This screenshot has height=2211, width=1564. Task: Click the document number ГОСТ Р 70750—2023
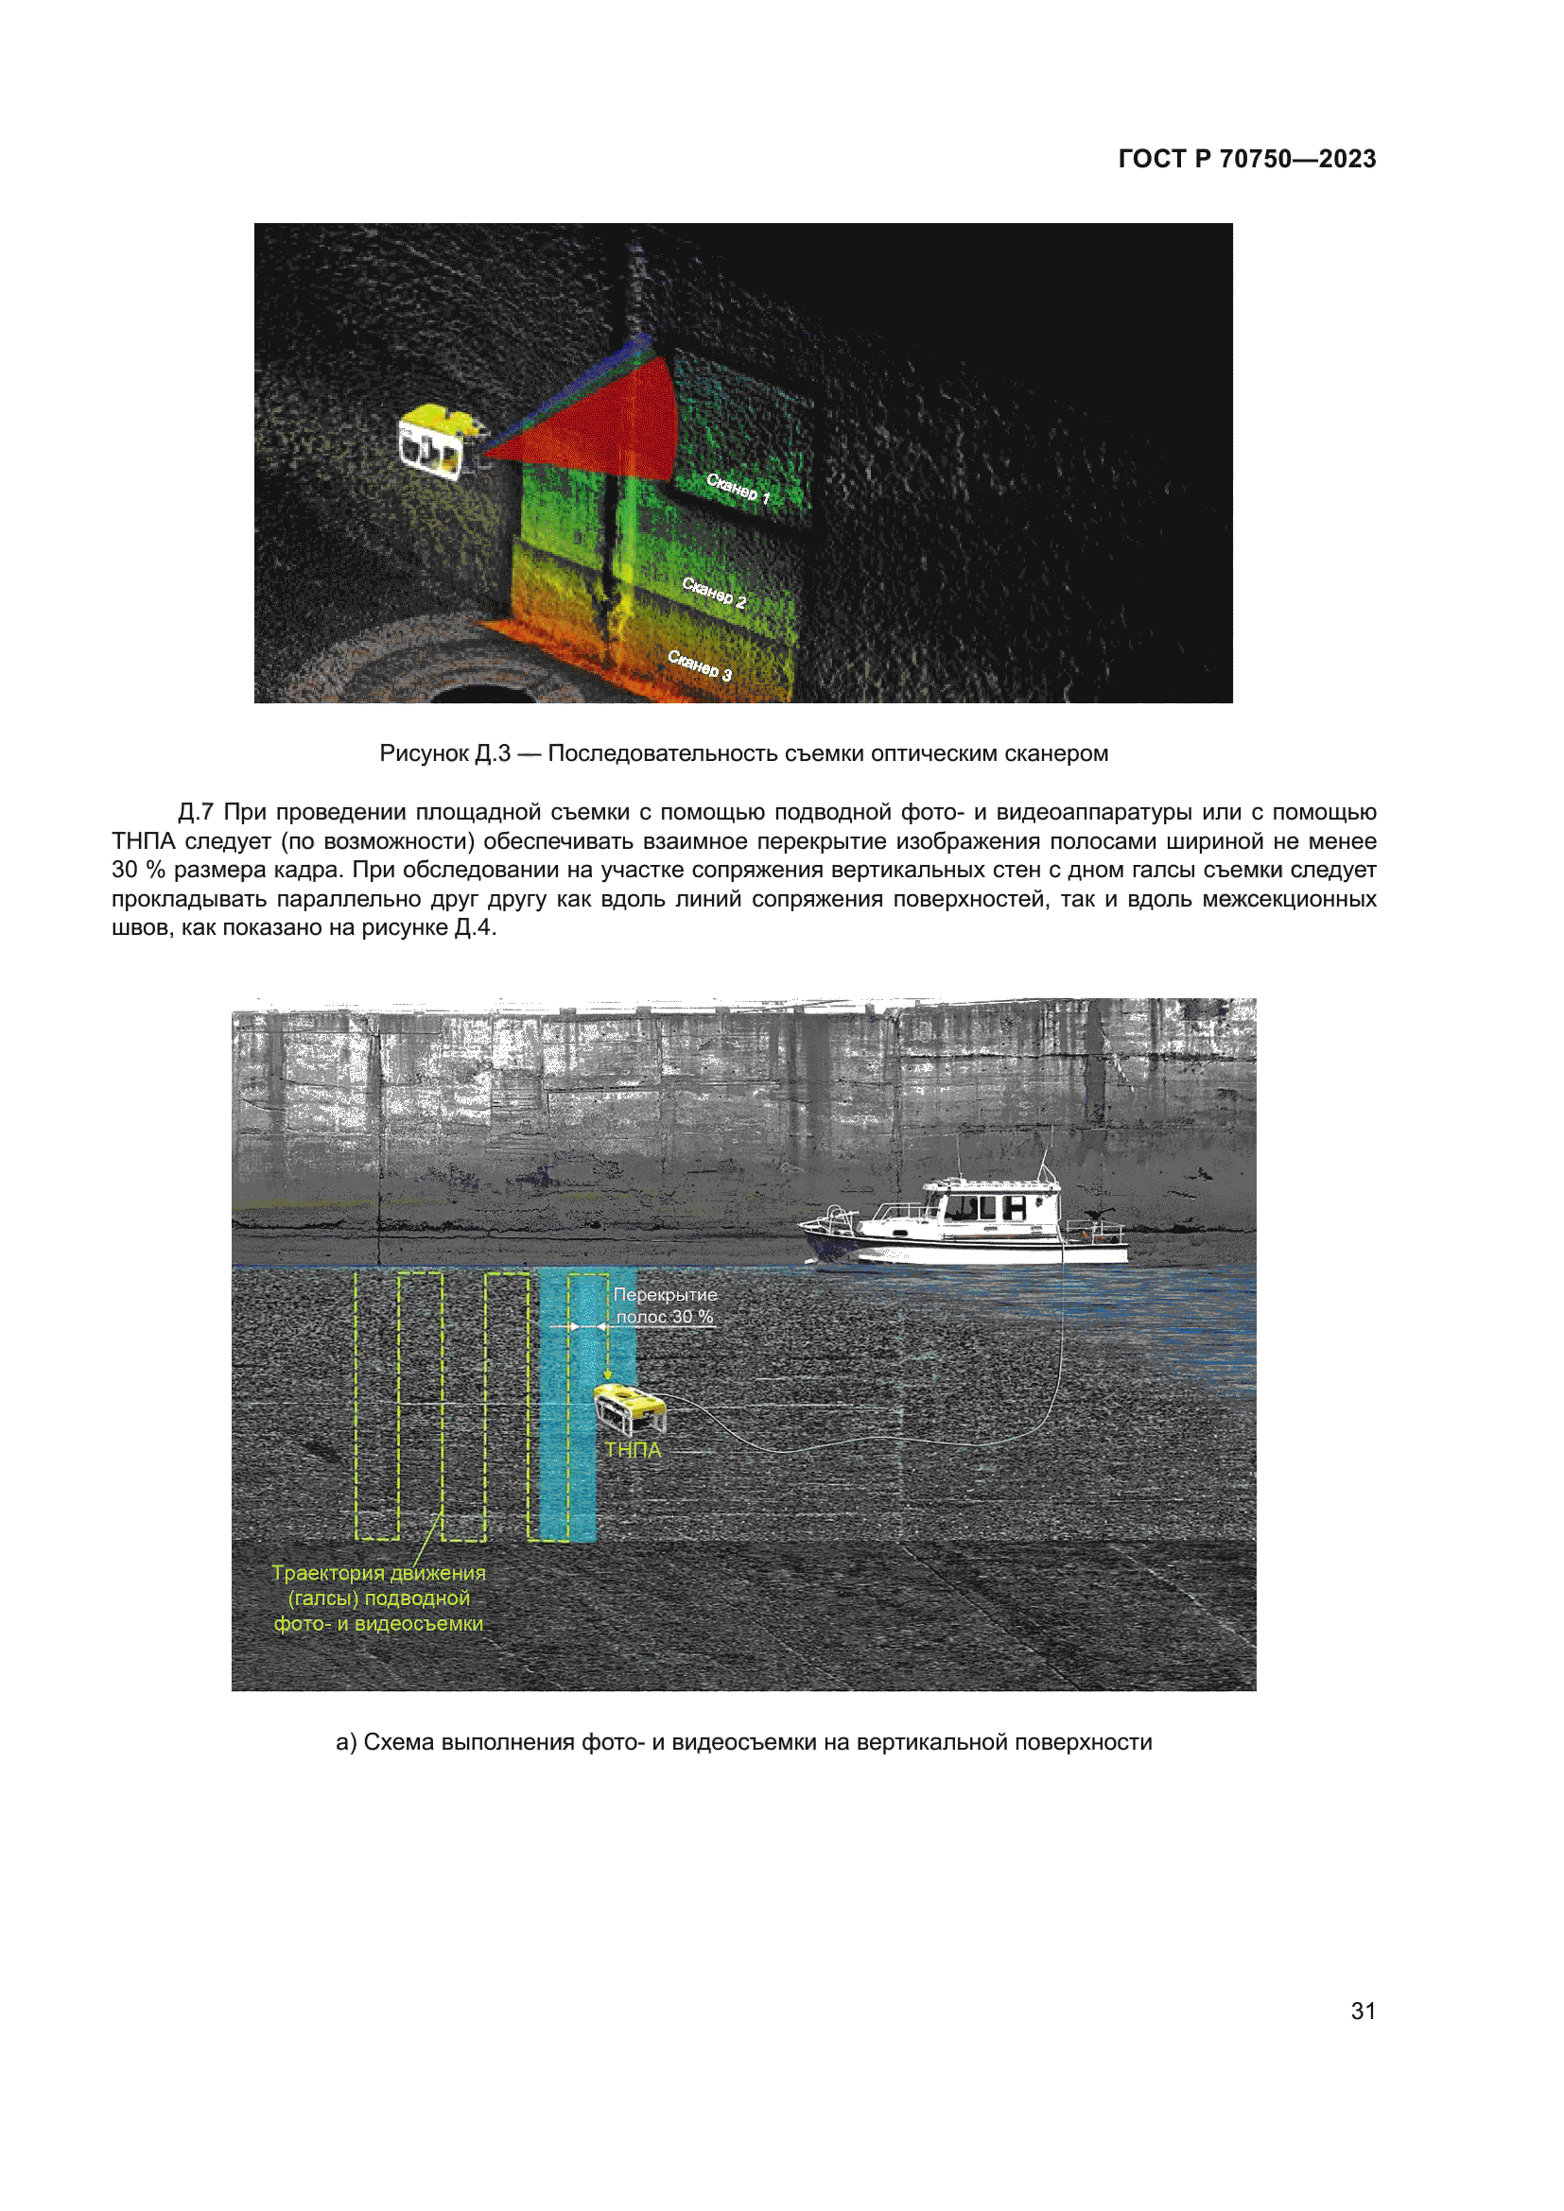(x=1246, y=159)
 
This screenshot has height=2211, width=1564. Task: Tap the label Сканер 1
(x=738, y=488)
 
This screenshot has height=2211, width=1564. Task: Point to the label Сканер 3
(x=700, y=665)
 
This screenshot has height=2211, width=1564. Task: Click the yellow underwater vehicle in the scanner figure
(x=438, y=443)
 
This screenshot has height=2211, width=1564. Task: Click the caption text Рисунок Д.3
(x=444, y=754)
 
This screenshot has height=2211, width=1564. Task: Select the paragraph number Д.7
(x=196, y=813)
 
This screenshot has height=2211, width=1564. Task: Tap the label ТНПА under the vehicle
(x=633, y=1450)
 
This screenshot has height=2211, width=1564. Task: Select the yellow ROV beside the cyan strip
(x=630, y=1409)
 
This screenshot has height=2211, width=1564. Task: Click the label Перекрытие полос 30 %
(x=665, y=1305)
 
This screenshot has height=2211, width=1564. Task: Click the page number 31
(x=1363, y=2011)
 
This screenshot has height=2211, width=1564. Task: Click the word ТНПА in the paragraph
(x=143, y=841)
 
